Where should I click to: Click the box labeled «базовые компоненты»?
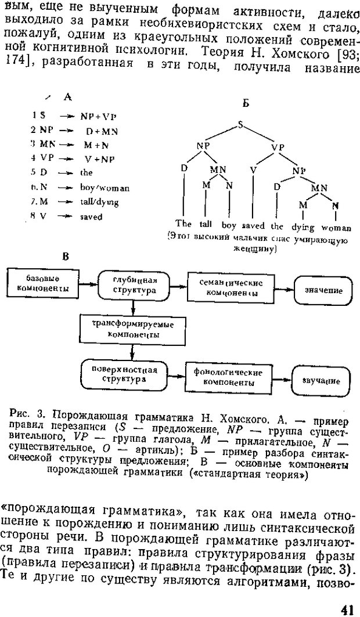point(45,283)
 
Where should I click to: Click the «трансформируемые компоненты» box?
point(134,329)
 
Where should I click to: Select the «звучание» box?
point(321,381)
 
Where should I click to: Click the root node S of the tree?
point(240,123)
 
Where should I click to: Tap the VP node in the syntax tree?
point(278,147)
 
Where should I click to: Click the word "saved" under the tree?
point(253,225)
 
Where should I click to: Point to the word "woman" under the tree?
point(336,228)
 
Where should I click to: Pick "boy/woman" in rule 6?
point(105,188)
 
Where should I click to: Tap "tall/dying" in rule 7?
point(99,203)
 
